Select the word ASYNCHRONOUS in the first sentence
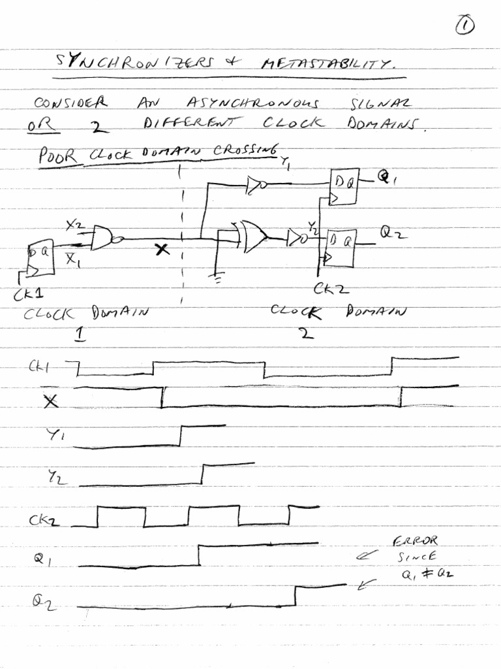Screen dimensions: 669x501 point(254,103)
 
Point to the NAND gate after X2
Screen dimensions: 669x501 point(105,238)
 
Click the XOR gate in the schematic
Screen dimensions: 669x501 point(252,236)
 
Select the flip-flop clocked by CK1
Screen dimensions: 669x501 point(40,257)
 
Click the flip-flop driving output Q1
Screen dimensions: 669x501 point(343,187)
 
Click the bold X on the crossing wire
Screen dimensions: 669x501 point(162,250)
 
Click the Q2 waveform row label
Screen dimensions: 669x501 point(44,602)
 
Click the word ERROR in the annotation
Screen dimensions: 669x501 point(415,541)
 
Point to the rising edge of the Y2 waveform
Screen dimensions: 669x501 point(203,474)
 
